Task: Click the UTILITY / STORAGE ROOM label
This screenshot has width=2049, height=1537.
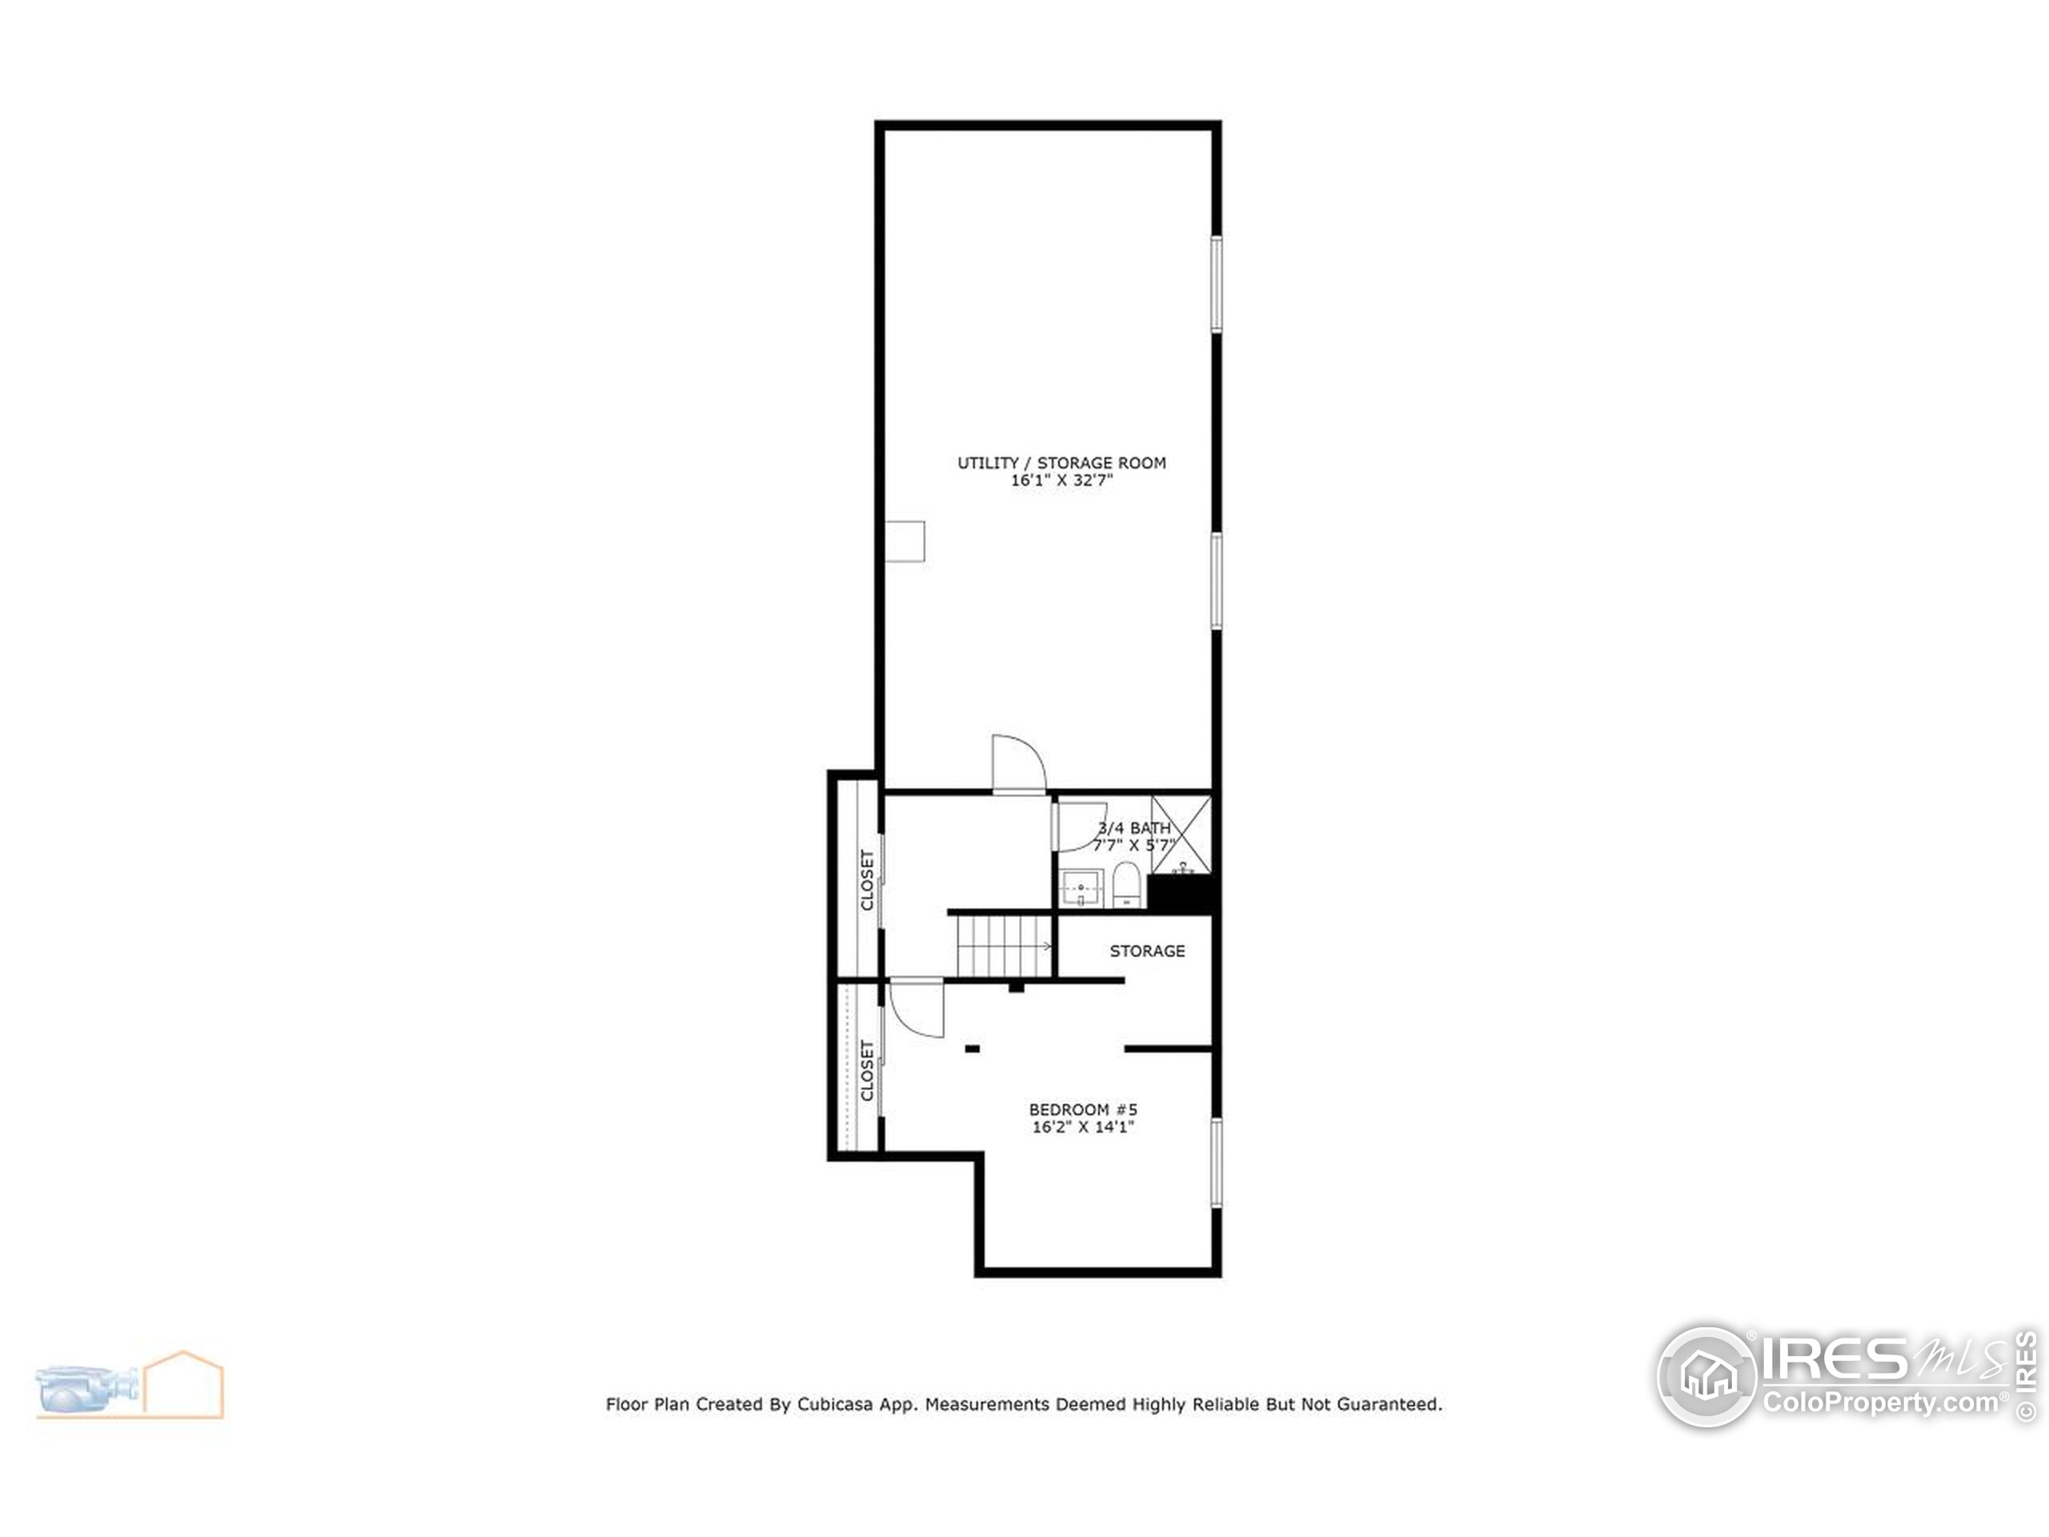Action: (1061, 463)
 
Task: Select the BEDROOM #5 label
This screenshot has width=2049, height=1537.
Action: (1083, 1109)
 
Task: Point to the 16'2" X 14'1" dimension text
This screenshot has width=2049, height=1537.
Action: (1083, 1127)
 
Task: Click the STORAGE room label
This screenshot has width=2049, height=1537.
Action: (1147, 950)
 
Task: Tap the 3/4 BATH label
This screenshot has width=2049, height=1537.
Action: (1134, 827)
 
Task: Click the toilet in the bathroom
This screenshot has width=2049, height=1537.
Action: (1125, 884)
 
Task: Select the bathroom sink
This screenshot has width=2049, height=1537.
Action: (1081, 888)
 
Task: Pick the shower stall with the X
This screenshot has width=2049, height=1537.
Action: (1180, 834)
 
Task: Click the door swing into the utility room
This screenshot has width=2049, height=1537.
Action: (1017, 764)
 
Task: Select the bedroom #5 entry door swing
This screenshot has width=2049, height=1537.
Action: (915, 1008)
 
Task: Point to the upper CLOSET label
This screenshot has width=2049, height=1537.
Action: (867, 879)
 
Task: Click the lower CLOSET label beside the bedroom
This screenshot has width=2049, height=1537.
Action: (867, 1071)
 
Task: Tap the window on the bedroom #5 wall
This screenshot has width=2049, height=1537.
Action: (1217, 1162)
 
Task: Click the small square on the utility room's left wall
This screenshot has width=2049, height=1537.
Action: (905, 541)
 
